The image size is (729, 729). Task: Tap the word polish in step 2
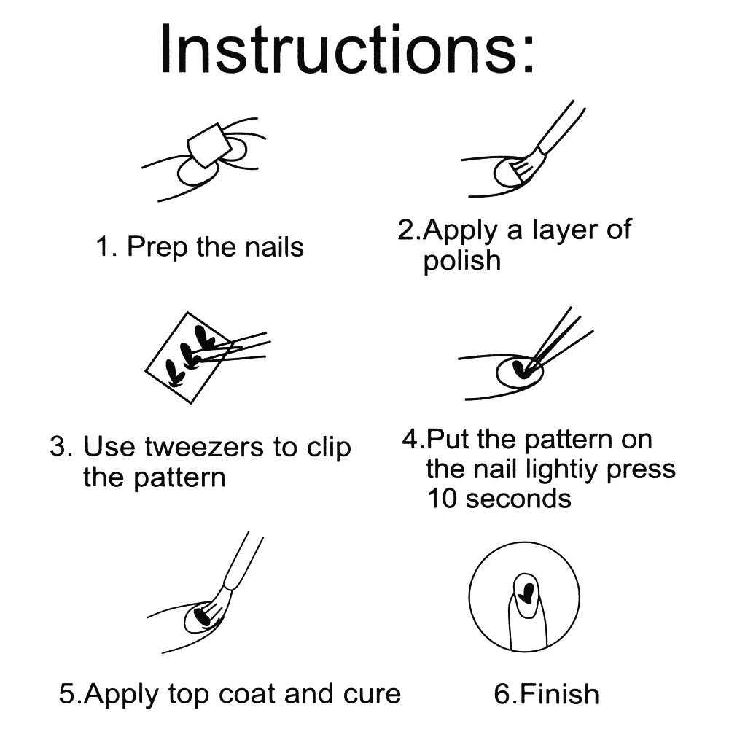pyautogui.click(x=461, y=261)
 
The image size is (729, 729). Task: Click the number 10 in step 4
pyautogui.click(x=442, y=499)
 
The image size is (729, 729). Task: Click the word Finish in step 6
pyautogui.click(x=558, y=693)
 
